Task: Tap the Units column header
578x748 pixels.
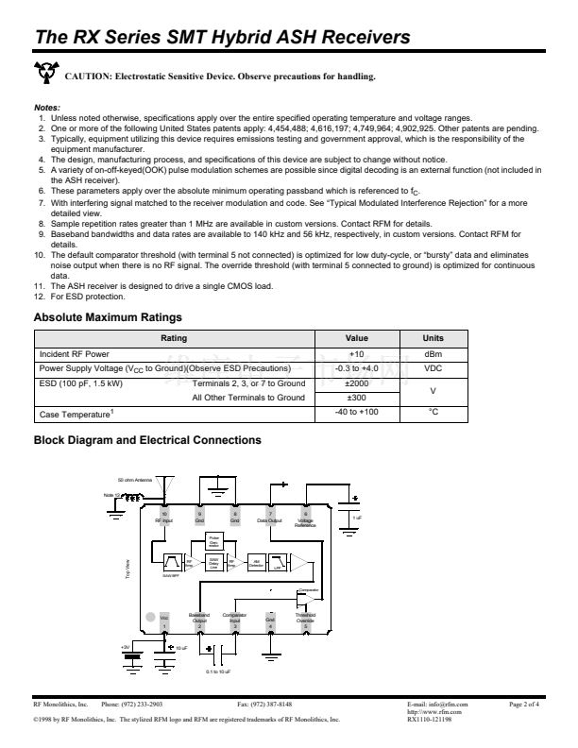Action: (433, 337)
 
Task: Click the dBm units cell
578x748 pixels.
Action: (433, 353)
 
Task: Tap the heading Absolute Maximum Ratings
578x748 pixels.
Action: (108, 317)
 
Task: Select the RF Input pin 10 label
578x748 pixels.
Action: (163, 518)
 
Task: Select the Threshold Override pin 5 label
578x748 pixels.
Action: (305, 620)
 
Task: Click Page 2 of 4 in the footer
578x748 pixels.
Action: (524, 705)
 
